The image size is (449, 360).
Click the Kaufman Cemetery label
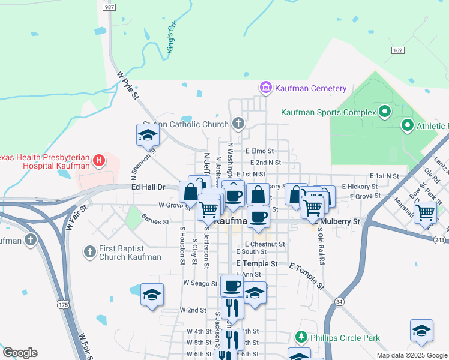[x=310, y=88]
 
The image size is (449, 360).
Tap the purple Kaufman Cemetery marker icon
[x=265, y=88]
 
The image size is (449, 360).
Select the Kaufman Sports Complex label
[x=325, y=112]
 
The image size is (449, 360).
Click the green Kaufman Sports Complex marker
[x=384, y=111]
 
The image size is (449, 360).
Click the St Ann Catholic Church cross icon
[x=238, y=124]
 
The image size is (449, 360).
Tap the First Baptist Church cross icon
[x=89, y=251]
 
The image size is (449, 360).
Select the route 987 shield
[x=109, y=7]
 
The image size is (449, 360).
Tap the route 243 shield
[x=439, y=240]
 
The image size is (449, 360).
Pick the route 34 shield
[x=340, y=301]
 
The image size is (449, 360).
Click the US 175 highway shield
[x=62, y=304]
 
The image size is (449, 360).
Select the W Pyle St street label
[x=128, y=85]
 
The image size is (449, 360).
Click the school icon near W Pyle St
[x=148, y=135]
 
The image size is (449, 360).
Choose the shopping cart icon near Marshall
[x=425, y=211]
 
